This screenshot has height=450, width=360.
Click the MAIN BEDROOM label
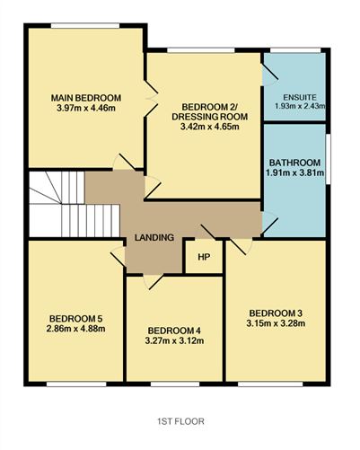tap(85, 98)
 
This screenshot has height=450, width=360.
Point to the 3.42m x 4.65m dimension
tap(204, 128)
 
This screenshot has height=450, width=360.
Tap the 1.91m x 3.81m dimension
tap(294, 175)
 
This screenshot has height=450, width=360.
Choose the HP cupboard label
tap(204, 257)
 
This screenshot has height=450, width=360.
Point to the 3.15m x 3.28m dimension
tap(275, 323)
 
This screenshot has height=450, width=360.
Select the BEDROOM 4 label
tap(173, 329)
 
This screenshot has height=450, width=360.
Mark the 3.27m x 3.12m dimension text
tap(173, 340)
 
